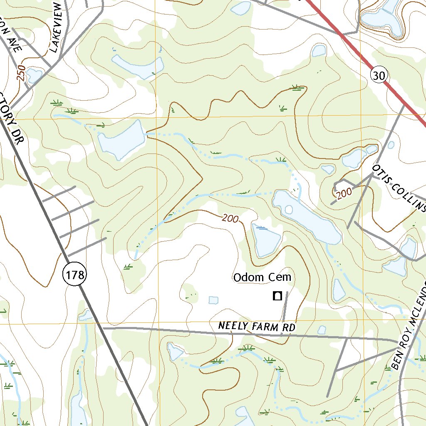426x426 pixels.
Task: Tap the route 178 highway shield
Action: (75, 275)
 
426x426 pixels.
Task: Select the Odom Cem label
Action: (262, 277)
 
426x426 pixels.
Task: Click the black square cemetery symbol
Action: (277, 296)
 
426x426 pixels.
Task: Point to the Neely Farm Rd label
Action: (257, 327)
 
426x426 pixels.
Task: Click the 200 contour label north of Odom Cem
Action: (230, 218)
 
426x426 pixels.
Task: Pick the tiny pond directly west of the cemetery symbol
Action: (213, 300)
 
